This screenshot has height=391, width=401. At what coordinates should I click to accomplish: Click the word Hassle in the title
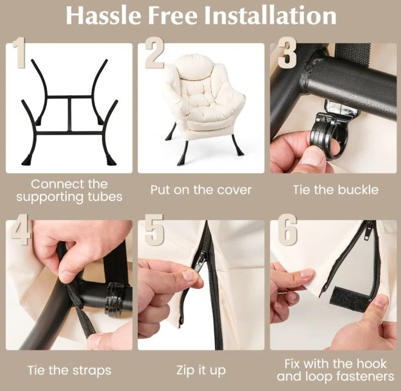coord(103,15)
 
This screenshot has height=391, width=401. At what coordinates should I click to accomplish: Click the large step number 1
coord(19,53)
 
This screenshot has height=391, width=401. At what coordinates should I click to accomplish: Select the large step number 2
coord(155,53)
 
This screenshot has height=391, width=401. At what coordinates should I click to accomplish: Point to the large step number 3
coord(287,53)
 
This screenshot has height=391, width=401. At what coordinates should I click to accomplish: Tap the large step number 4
coord(21,230)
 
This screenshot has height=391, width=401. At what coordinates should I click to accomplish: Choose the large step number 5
coord(154,230)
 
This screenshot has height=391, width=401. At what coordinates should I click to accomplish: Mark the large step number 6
coord(287,230)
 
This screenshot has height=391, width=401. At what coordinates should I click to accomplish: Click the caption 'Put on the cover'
coord(201,190)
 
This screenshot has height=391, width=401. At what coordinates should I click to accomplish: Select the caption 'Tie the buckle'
coord(336,190)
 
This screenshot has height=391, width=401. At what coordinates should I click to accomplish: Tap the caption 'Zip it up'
coord(201,370)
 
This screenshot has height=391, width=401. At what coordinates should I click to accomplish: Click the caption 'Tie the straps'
coord(69,370)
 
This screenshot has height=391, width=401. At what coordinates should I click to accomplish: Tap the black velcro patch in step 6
coord(349,299)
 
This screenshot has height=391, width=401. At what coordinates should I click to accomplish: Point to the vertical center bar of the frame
coord(69,114)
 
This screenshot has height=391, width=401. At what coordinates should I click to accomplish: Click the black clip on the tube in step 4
coord(115,299)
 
